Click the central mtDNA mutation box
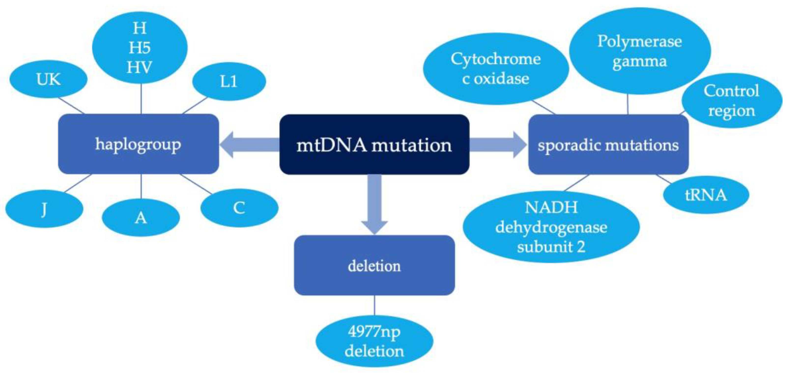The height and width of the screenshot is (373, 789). click(x=374, y=144)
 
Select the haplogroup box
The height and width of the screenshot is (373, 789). click(x=138, y=144)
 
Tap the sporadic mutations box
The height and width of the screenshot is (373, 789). click(x=608, y=144)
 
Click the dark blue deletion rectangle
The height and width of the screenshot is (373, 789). click(x=374, y=265)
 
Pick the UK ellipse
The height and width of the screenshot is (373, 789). click(x=48, y=79)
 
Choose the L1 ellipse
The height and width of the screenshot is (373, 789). click(x=229, y=81)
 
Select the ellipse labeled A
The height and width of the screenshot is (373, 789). click(x=141, y=218)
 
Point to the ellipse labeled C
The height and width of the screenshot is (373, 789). click(x=239, y=208)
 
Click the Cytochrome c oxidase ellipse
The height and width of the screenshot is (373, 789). click(x=496, y=69)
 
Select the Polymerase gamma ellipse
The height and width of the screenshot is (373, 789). click(x=640, y=51)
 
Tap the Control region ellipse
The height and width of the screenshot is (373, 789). click(x=732, y=101)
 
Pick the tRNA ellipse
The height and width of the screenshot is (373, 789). click(x=706, y=195)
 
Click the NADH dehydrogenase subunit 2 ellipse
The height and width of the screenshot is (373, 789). click(x=551, y=227)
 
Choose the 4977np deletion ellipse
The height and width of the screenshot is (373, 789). click(x=374, y=341)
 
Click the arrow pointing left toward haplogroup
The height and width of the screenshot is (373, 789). click(x=248, y=145)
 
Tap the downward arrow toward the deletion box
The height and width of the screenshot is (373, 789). click(x=374, y=205)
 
